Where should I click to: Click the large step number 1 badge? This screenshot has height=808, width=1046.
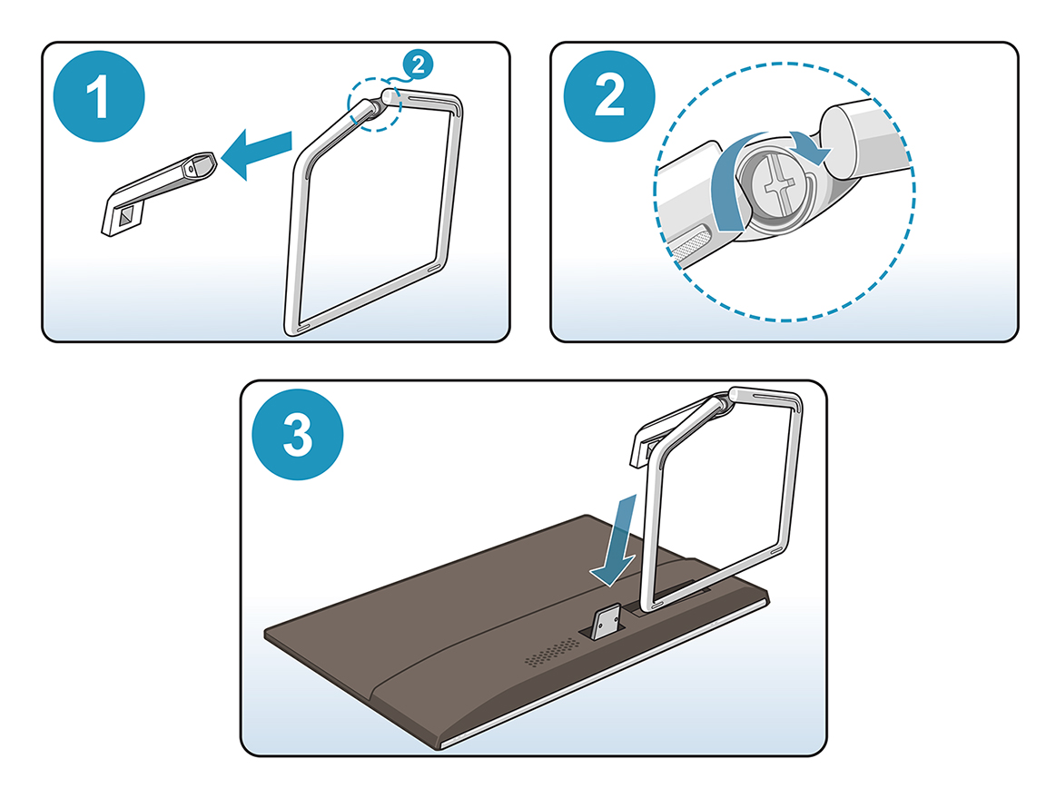click(99, 96)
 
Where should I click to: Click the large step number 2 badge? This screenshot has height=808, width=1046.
click(609, 96)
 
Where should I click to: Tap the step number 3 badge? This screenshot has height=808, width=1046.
click(298, 434)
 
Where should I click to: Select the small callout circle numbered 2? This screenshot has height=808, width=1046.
click(419, 64)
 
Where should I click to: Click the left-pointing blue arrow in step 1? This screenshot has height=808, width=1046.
click(256, 153)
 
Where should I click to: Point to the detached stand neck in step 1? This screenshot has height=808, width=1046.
click(159, 192)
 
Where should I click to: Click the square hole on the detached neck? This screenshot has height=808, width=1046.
click(127, 215)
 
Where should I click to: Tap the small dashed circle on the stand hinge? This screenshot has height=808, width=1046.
click(374, 103)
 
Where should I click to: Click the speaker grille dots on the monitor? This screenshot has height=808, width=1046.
click(552, 653)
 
